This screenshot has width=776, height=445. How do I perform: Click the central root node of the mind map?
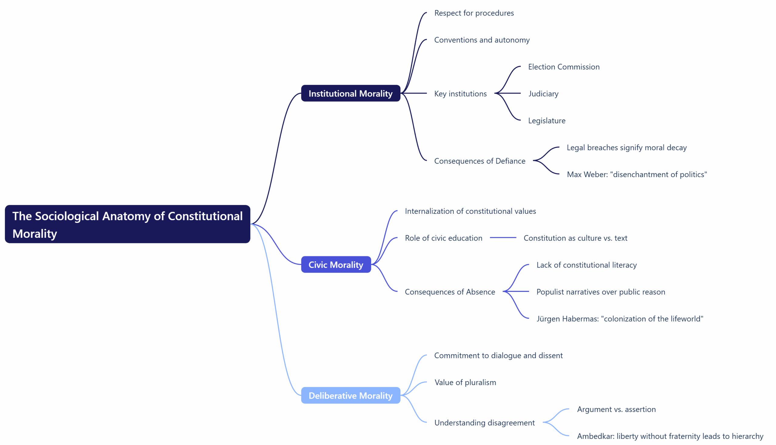(x=127, y=224)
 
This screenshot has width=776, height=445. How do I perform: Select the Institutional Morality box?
(x=350, y=93)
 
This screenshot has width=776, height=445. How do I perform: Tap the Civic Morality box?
(x=336, y=265)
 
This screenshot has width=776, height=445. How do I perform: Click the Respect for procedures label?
(x=474, y=13)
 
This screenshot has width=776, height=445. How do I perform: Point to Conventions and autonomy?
(x=482, y=40)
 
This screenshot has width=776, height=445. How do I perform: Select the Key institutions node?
(x=460, y=93)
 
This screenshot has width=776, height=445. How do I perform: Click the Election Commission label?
(x=564, y=67)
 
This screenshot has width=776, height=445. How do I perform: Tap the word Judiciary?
(x=543, y=93)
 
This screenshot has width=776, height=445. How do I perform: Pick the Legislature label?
(x=546, y=120)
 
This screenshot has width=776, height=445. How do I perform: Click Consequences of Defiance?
(x=480, y=161)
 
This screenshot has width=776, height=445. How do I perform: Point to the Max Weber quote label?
(x=637, y=174)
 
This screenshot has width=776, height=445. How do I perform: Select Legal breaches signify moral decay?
(x=626, y=147)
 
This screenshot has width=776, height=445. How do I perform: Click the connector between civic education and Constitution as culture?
(x=503, y=238)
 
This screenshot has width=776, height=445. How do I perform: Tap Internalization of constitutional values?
(x=470, y=211)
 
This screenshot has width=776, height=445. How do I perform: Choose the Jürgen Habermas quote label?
(x=620, y=319)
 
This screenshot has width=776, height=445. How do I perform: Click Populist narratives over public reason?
(x=600, y=292)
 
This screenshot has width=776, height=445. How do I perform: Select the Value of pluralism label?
(x=465, y=382)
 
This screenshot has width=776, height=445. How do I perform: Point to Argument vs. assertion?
(x=616, y=409)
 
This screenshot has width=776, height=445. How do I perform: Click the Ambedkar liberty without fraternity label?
(x=670, y=436)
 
